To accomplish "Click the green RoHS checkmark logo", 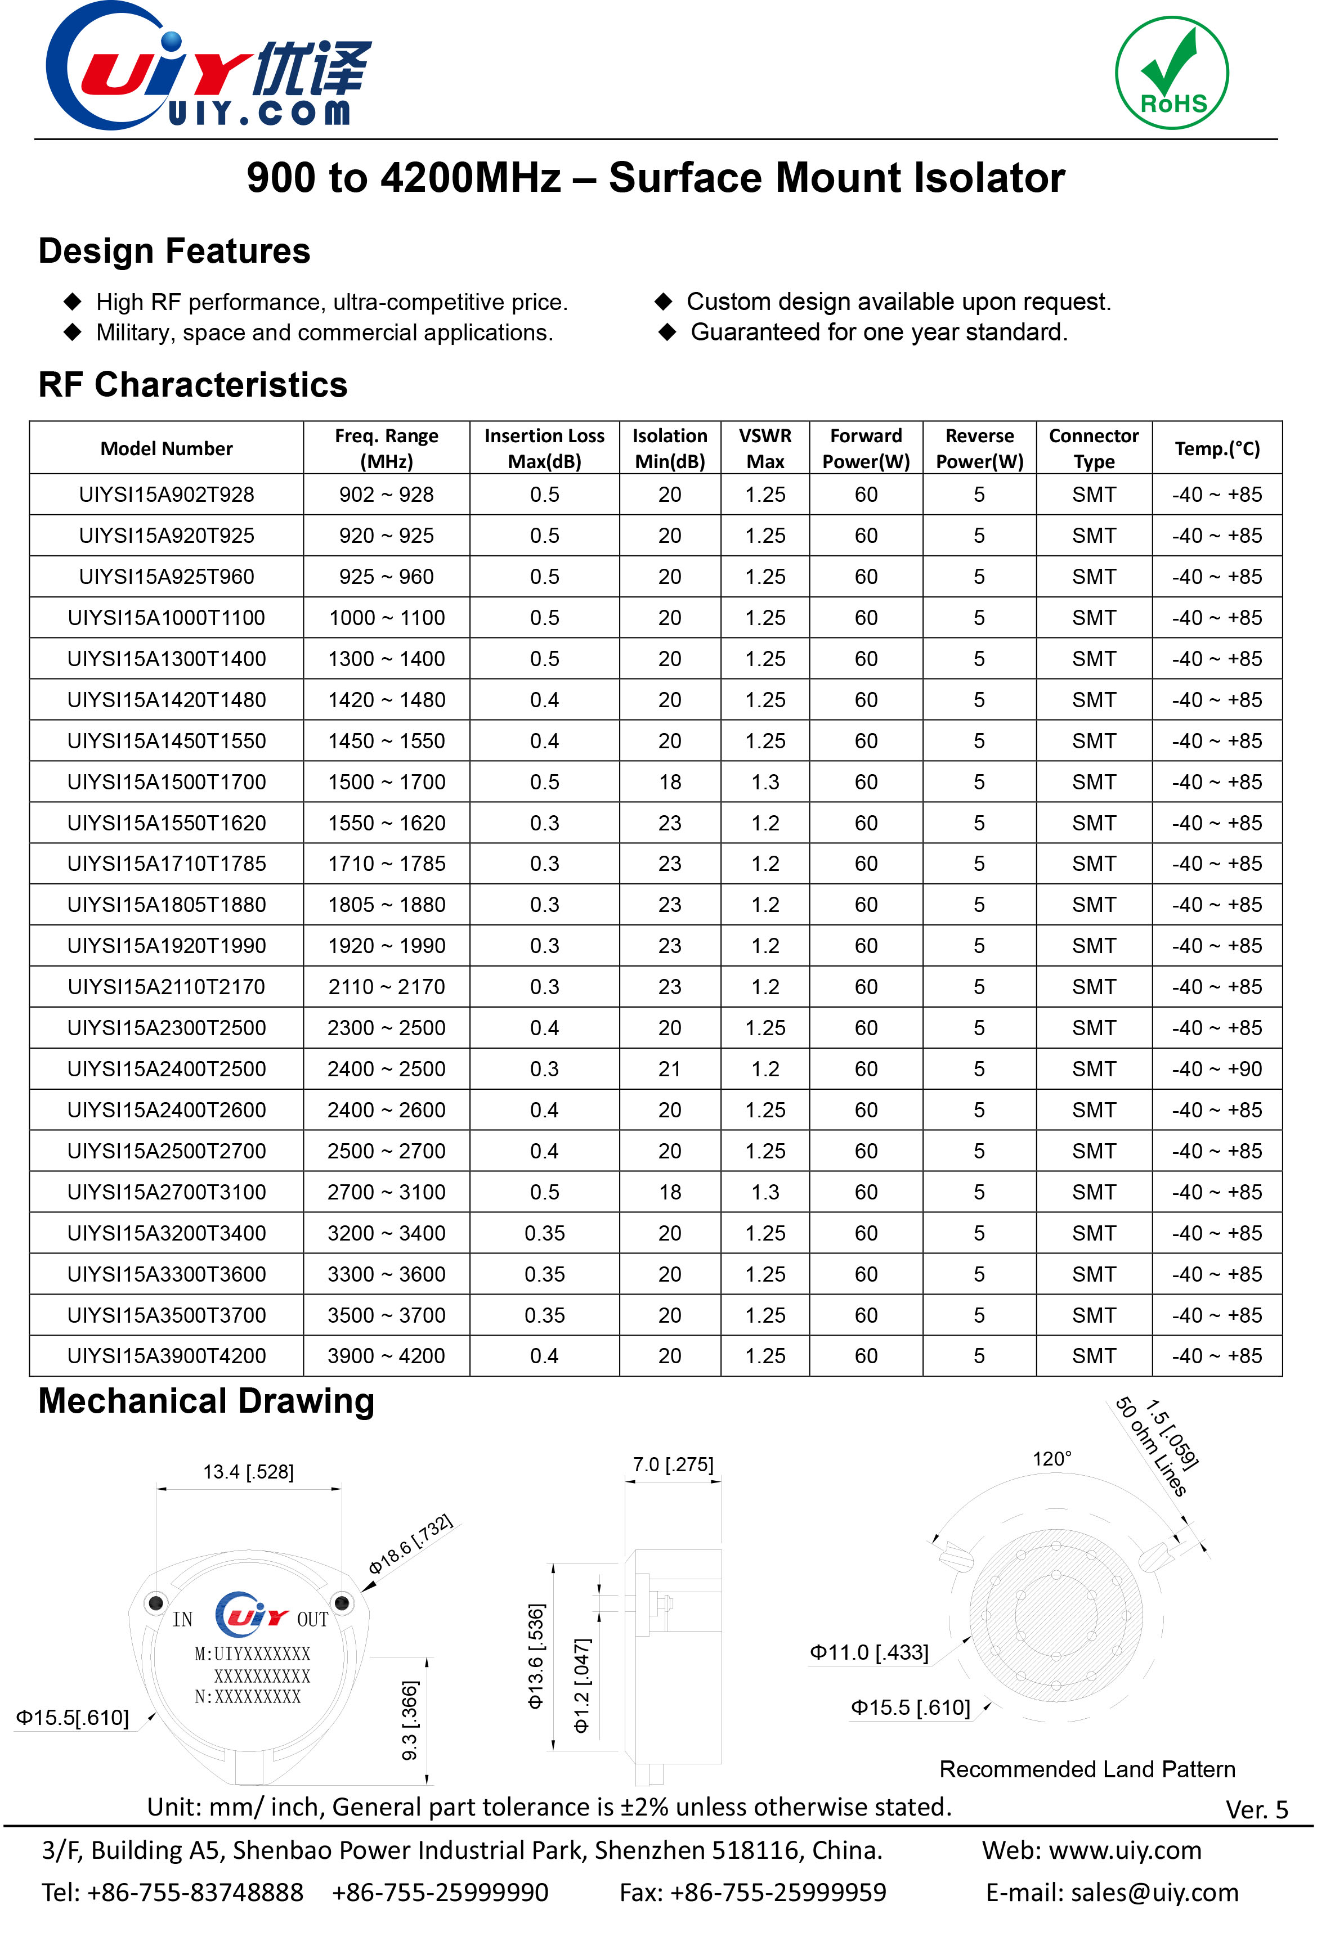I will click(1172, 73).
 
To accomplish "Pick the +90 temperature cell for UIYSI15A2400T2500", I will click(1217, 1069).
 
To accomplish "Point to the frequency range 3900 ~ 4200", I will click(386, 1356).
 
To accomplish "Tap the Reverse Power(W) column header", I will click(979, 448).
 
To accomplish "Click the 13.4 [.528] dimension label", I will click(248, 1472).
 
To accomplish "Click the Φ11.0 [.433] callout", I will click(868, 1653).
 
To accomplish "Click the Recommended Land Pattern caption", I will click(1087, 1769).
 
